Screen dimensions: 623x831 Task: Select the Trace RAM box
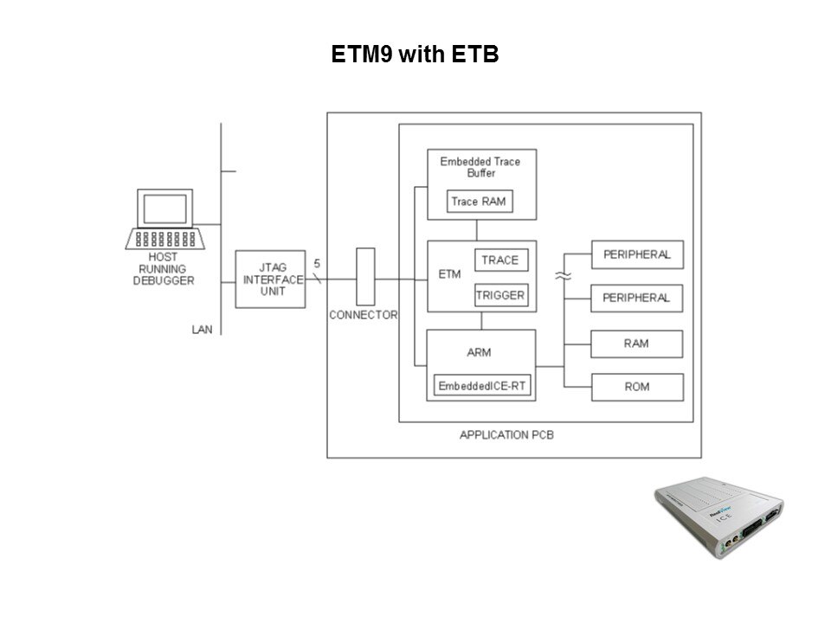[x=480, y=202]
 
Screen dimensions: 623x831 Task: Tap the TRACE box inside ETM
[x=500, y=260]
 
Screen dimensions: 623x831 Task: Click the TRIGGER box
[x=500, y=295]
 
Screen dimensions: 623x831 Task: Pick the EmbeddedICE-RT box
[x=482, y=386]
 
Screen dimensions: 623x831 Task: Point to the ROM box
[x=636, y=387]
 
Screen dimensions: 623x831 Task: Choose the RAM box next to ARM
[x=636, y=344]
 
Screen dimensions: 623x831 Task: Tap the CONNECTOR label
[x=363, y=315]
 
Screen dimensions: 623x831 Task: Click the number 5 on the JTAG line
[x=316, y=263]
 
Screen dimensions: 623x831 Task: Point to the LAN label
[x=202, y=329]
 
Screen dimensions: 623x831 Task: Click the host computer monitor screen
[x=164, y=209]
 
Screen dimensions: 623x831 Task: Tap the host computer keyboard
[x=164, y=238]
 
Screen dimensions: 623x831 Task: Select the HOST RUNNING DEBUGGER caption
[x=164, y=269]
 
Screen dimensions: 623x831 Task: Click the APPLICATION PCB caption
[x=506, y=434]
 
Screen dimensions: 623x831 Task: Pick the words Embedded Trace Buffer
[x=480, y=167]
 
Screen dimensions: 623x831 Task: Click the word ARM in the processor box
[x=480, y=353]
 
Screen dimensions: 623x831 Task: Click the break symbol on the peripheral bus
[x=564, y=276]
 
